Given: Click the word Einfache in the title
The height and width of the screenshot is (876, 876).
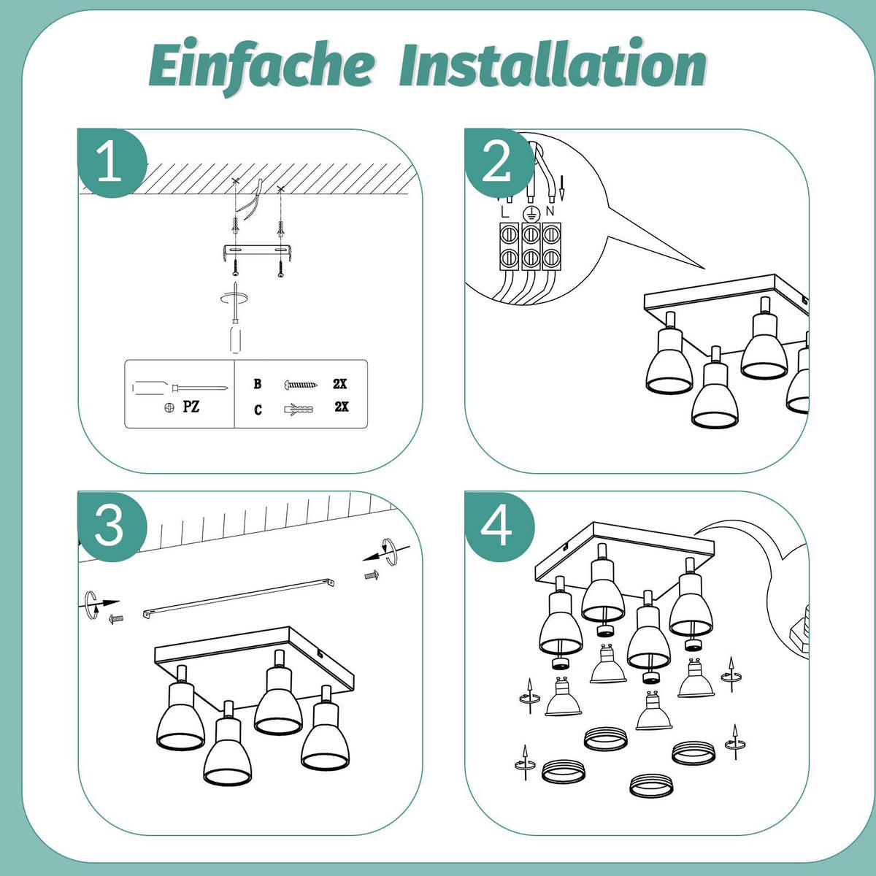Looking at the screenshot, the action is (x=261, y=66).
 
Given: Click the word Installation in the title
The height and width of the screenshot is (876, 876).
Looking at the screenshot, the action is (x=553, y=63).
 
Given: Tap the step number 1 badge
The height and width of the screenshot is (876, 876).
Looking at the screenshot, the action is (x=112, y=163).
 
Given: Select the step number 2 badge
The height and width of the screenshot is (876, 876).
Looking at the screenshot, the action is (x=499, y=163).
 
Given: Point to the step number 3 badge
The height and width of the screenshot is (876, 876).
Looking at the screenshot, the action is (x=112, y=526).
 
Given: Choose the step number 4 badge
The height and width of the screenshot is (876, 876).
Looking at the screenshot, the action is (x=499, y=526).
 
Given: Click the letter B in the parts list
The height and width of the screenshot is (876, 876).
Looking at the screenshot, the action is (x=257, y=384).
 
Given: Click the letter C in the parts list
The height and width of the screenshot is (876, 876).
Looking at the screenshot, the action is (x=258, y=410).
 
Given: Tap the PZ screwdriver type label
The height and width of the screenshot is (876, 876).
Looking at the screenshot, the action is (x=191, y=407).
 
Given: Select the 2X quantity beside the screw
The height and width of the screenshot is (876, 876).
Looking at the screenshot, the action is (x=339, y=384).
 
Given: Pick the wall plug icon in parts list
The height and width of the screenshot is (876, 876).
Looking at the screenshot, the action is (x=299, y=409).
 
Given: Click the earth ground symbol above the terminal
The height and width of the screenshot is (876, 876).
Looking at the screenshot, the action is (x=531, y=212).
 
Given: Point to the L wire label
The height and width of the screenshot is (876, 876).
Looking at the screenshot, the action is (x=505, y=212).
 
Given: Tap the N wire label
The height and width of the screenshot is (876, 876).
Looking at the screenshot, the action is (x=550, y=211).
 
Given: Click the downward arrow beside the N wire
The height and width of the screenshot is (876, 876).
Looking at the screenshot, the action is (x=562, y=188).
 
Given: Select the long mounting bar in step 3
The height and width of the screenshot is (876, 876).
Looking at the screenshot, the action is (x=239, y=599).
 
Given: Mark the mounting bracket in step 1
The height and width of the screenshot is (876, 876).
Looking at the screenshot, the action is (x=257, y=253).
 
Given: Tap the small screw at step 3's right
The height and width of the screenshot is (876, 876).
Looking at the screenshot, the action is (x=372, y=575).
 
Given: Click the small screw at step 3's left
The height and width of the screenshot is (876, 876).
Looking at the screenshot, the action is (x=116, y=619).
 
